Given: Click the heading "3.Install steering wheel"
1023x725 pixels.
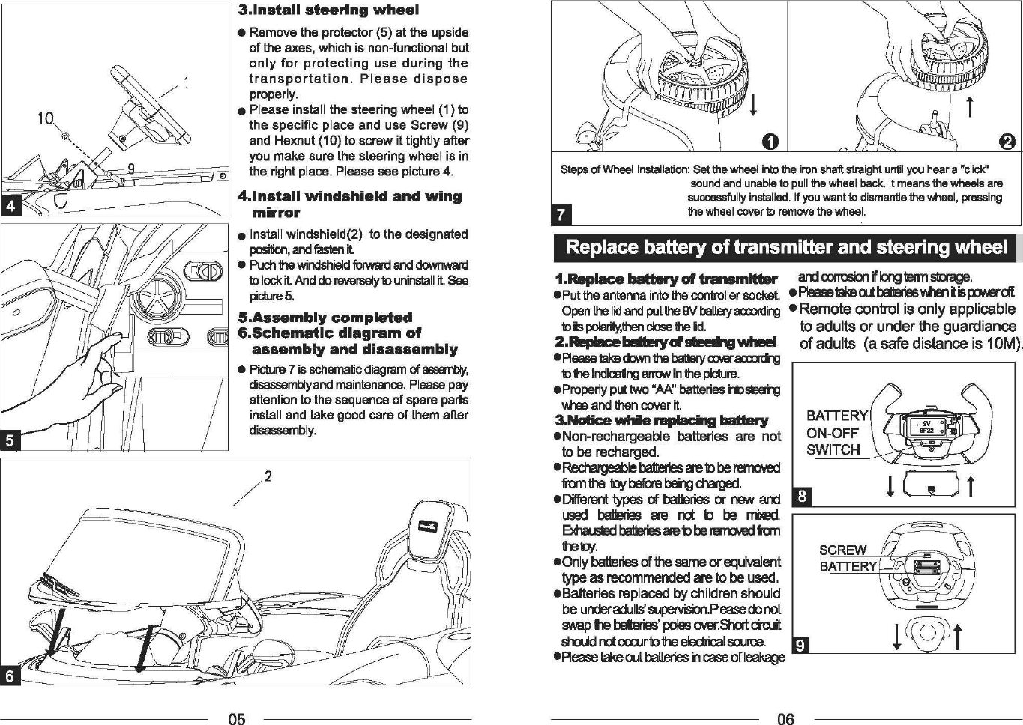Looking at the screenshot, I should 328,10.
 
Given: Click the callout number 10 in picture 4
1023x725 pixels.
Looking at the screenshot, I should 46,118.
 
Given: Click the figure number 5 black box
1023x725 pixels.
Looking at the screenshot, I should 10,440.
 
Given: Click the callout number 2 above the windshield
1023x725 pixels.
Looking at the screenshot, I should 268,476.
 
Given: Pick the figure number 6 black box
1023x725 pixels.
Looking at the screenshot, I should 10,676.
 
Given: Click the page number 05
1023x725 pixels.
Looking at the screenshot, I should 236,719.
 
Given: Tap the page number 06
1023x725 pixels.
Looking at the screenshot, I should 785,719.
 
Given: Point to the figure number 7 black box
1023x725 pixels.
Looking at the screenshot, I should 561,216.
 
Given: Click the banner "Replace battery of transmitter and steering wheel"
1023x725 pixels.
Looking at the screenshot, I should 786,247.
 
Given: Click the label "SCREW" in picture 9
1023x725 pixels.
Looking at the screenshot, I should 842,550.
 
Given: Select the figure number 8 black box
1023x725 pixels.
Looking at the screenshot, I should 801,497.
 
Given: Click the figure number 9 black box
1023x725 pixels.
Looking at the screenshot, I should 801,645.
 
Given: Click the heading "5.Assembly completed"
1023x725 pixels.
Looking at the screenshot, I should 325,318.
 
